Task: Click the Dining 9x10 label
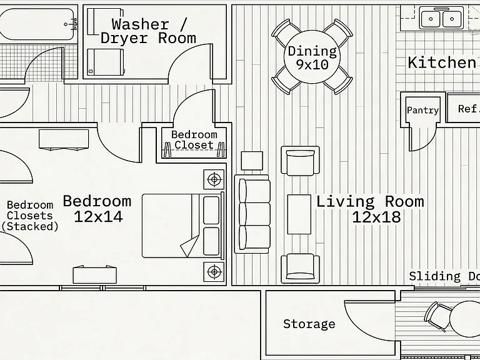(x=312, y=57)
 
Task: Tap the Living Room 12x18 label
(x=370, y=209)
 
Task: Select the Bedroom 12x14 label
(x=97, y=209)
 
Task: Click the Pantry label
(x=422, y=110)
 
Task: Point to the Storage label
(x=309, y=324)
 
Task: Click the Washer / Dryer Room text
(x=149, y=31)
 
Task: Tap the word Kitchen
(x=442, y=62)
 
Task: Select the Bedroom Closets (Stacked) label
(x=30, y=216)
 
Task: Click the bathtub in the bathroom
(x=37, y=24)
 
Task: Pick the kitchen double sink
(x=441, y=18)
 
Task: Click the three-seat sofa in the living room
(x=252, y=214)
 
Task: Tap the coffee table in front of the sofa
(x=299, y=214)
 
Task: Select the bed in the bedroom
(x=183, y=226)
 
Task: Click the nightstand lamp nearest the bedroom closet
(x=214, y=179)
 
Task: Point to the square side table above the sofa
(x=252, y=161)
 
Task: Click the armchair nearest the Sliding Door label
(x=300, y=269)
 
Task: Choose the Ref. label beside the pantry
(x=468, y=109)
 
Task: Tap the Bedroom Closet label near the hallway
(x=194, y=140)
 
